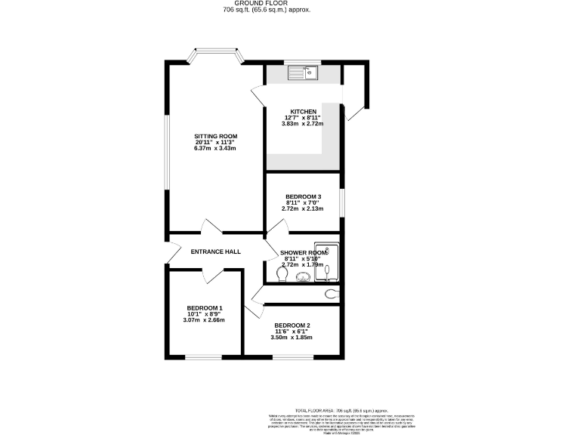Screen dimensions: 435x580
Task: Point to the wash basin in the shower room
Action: tap(301, 277)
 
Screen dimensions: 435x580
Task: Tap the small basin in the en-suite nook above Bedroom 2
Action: tap(331, 294)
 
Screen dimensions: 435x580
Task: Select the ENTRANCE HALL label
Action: tap(215, 251)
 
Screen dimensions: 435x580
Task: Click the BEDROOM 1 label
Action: tap(204, 308)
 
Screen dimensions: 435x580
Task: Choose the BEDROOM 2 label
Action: tap(292, 325)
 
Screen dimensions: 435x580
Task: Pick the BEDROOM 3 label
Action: tap(302, 196)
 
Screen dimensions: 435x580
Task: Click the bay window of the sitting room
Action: tap(215, 55)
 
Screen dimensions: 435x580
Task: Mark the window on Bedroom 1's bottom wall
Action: tap(204, 357)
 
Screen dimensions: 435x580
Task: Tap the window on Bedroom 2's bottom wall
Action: tap(292, 357)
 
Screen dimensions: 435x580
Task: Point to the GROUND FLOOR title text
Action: tap(266, 4)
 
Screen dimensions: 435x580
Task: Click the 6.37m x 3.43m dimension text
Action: tap(216, 149)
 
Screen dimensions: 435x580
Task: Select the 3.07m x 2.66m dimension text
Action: tap(204, 320)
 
